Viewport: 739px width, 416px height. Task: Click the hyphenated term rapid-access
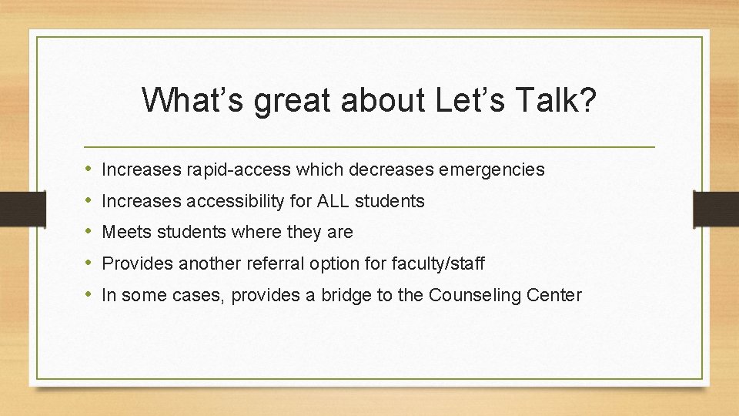(x=224, y=169)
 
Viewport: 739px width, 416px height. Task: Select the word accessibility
(x=247, y=202)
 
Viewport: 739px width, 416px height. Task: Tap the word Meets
(x=125, y=232)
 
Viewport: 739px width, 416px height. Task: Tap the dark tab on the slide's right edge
(x=716, y=208)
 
